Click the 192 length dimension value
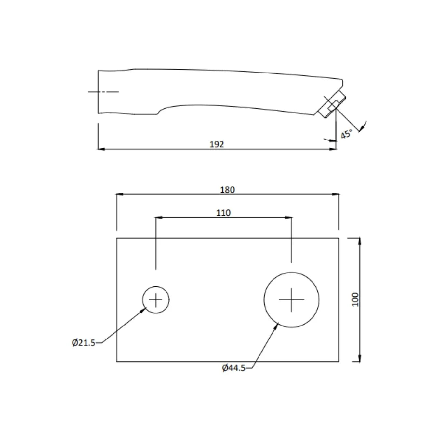click(217, 144)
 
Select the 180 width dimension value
click(227, 190)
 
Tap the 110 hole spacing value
click(223, 213)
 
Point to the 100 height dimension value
click(355, 299)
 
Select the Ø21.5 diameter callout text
click(84, 343)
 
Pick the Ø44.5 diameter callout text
click(234, 368)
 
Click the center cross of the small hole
click(156, 300)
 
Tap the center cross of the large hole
click(291, 300)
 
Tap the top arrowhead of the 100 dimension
click(359, 241)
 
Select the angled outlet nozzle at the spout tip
click(332, 104)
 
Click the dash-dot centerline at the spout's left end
click(103, 92)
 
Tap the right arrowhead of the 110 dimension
click(288, 218)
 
